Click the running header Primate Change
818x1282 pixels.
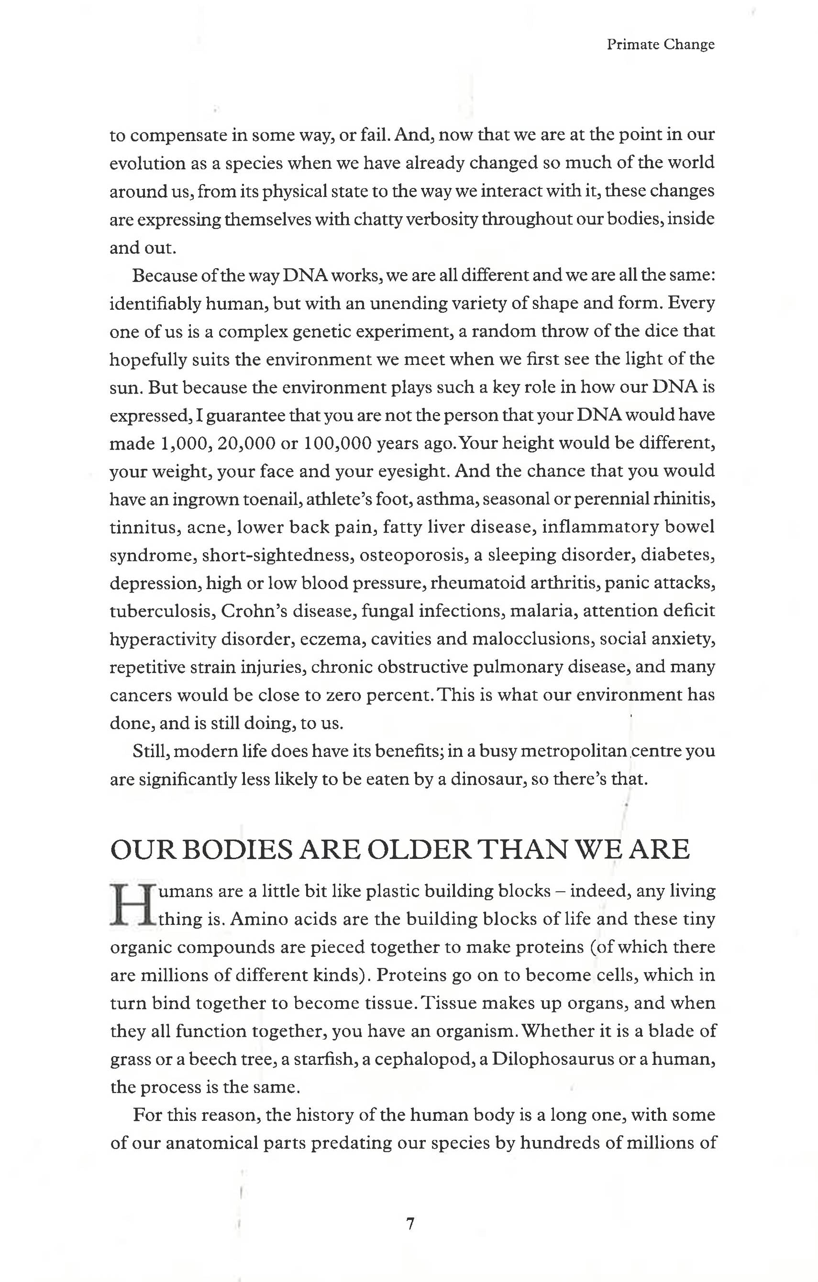click(x=660, y=45)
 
